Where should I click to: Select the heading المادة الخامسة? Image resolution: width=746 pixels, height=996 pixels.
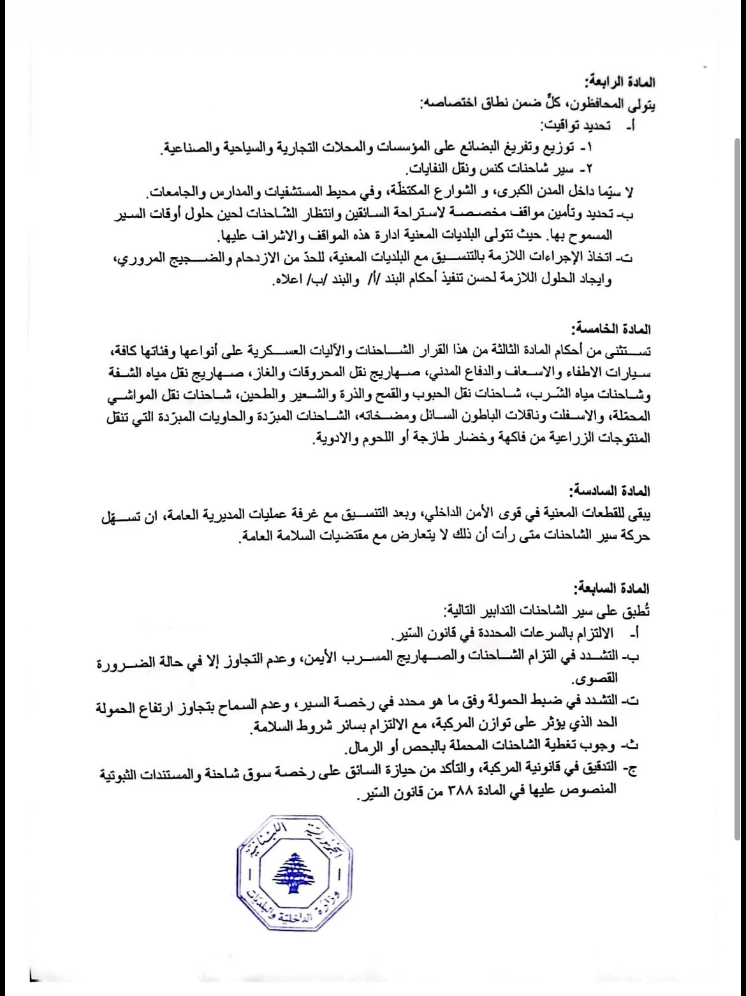pyautogui.click(x=618, y=329)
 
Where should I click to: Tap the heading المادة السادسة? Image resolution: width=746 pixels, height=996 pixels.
pyautogui.click(x=618, y=491)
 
